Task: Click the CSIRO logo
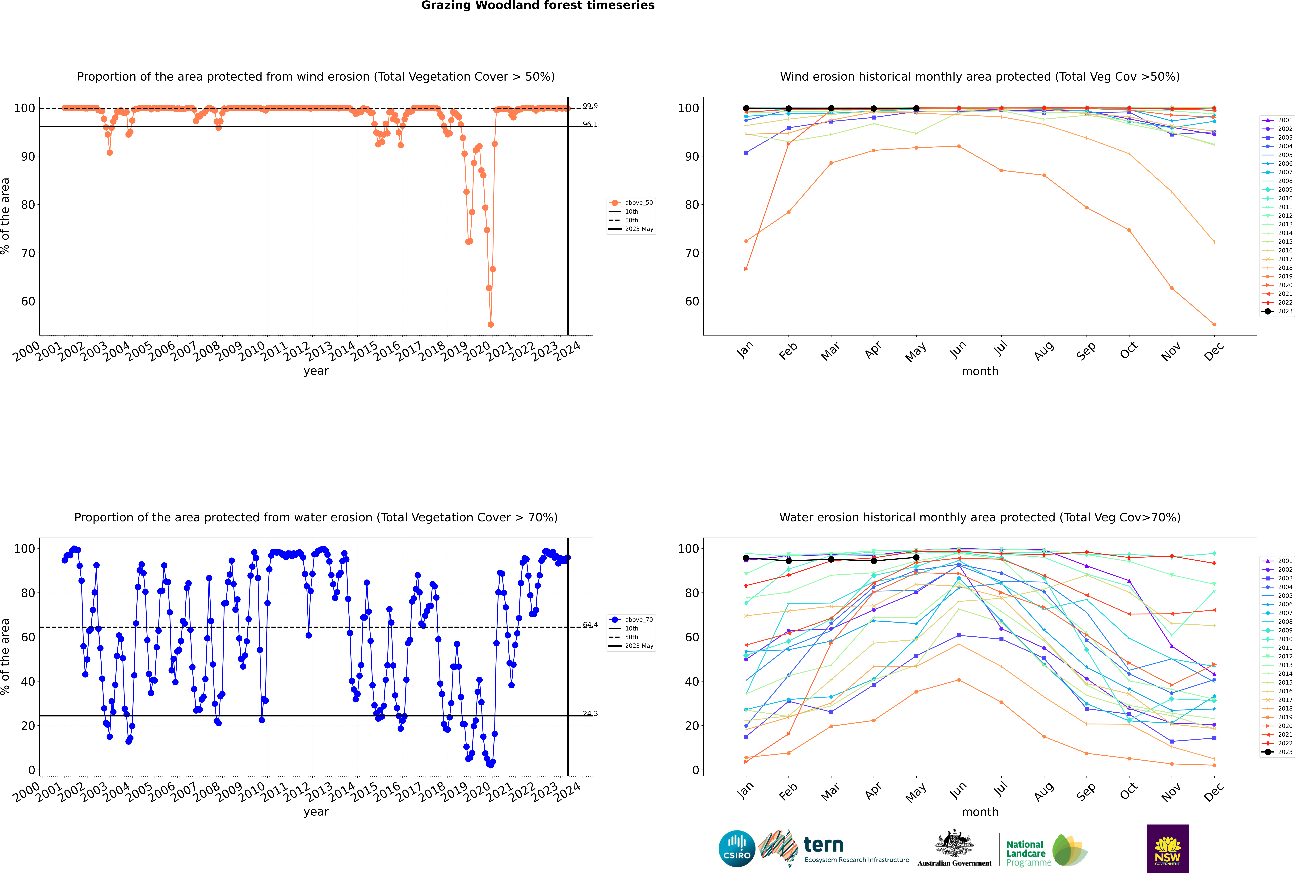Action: point(737,849)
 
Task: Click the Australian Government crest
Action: point(954,847)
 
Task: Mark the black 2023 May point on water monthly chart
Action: point(916,557)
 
